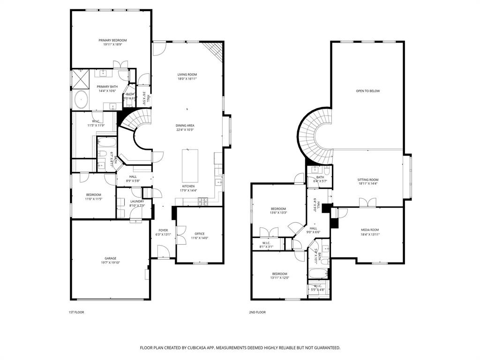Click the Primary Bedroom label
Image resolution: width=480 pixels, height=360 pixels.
coord(112,40)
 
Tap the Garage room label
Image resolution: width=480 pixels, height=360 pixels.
coord(111,258)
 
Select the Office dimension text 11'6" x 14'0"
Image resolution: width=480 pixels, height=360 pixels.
coord(200,238)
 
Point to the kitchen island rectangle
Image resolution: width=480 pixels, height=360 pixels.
coord(190,165)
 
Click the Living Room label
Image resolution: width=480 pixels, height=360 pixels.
coord(187,75)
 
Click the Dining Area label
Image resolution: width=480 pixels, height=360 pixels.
coord(185,126)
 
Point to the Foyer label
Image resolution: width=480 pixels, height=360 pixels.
coord(163,230)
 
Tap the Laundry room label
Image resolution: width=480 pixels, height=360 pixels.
coord(137,201)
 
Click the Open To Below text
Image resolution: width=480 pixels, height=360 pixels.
coord(367,91)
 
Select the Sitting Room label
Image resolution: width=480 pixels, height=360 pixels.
coord(368,180)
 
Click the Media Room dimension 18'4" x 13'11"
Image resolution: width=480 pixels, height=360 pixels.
coord(370,234)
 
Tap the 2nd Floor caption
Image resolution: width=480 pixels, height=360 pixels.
coord(257,312)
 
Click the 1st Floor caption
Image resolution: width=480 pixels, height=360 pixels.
coord(76,312)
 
